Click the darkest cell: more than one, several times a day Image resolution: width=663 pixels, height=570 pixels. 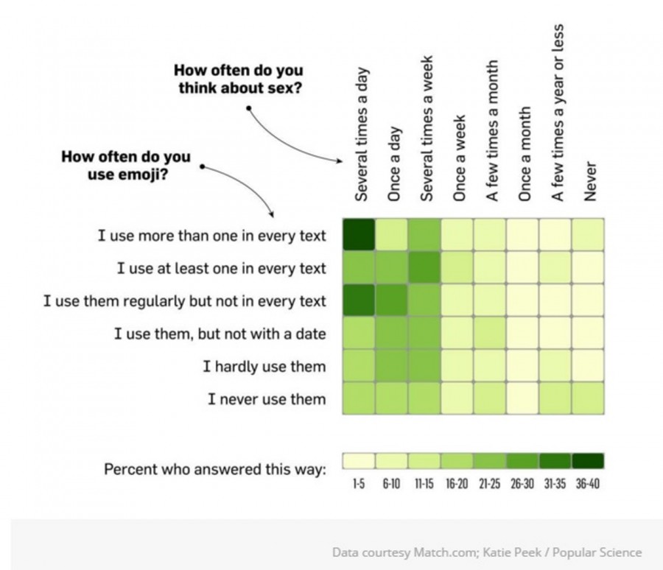pyautogui.click(x=359, y=235)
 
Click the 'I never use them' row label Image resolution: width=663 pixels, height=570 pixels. pyautogui.click(x=267, y=399)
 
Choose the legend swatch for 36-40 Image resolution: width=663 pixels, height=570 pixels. pyautogui.click(x=587, y=461)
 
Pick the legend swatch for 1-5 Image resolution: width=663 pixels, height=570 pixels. pyautogui.click(x=359, y=461)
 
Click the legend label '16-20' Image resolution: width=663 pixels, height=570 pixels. pyautogui.click(x=456, y=485)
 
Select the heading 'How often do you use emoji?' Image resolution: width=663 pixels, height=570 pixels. pyautogui.click(x=125, y=165)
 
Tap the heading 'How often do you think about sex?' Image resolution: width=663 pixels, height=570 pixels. pyautogui.click(x=238, y=80)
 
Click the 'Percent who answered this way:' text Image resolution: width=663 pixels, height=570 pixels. pyautogui.click(x=214, y=468)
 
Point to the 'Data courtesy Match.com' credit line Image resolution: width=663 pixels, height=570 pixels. pyautogui.click(x=486, y=552)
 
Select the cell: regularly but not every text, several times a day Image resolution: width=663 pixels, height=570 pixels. pyautogui.click(x=359, y=300)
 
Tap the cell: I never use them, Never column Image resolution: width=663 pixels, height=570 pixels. pyautogui.click(x=589, y=398)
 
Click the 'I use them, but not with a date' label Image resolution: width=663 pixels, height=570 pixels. pyautogui.click(x=220, y=334)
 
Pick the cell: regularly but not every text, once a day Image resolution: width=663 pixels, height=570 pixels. pyautogui.click(x=392, y=300)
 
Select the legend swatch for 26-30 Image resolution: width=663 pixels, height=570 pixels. pyautogui.click(x=522, y=461)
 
